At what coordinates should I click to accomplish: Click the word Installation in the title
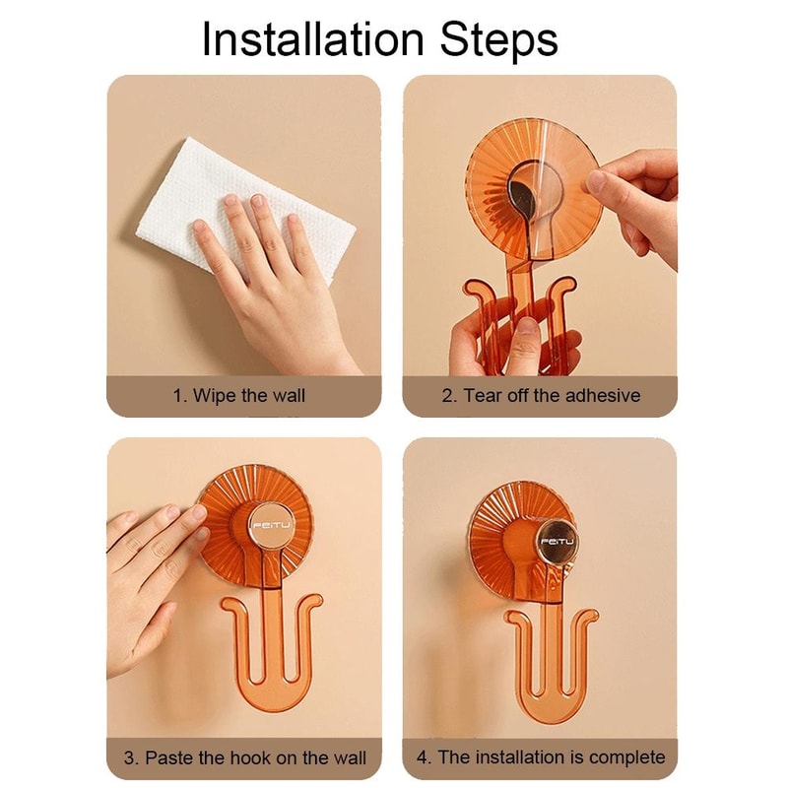(x=313, y=40)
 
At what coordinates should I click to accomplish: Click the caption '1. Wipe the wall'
(x=239, y=396)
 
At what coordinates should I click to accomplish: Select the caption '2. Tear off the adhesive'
(x=540, y=396)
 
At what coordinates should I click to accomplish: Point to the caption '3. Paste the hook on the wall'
(x=244, y=757)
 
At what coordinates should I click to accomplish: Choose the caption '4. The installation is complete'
(x=540, y=757)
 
